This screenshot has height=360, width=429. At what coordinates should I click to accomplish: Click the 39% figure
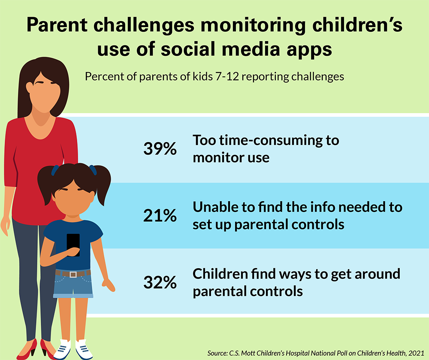(160, 148)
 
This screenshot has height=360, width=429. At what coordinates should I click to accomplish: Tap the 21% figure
(160, 215)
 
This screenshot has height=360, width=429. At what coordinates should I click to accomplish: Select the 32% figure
(160, 282)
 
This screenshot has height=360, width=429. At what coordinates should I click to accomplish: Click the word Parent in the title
(57, 25)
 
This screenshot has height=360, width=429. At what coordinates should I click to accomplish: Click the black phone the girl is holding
(73, 244)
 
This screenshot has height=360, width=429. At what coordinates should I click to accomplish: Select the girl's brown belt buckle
(73, 274)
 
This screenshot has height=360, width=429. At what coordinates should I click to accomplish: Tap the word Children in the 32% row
(220, 274)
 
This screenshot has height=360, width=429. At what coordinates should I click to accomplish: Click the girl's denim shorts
(73, 284)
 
